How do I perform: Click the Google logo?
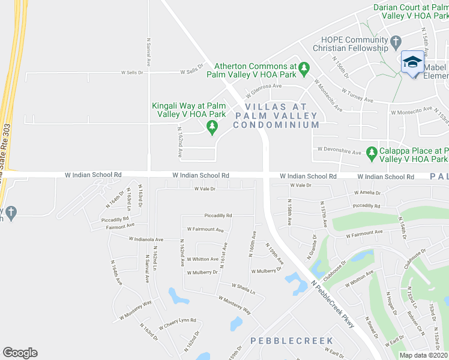click(x=20, y=353)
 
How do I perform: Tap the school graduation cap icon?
click(x=412, y=62)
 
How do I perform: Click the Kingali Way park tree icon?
click(x=211, y=126)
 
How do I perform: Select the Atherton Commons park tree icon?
click(x=304, y=68)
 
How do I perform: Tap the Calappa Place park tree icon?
click(x=372, y=152)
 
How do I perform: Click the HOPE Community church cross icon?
click(x=395, y=42)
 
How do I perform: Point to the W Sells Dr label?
click(x=133, y=73)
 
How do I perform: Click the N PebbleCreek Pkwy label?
click(x=333, y=305)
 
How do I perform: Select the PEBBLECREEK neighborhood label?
click(x=291, y=341)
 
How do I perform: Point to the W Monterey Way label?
click(x=235, y=304)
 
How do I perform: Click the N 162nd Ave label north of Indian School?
click(x=179, y=142)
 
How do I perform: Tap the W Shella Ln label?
click(x=243, y=289)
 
